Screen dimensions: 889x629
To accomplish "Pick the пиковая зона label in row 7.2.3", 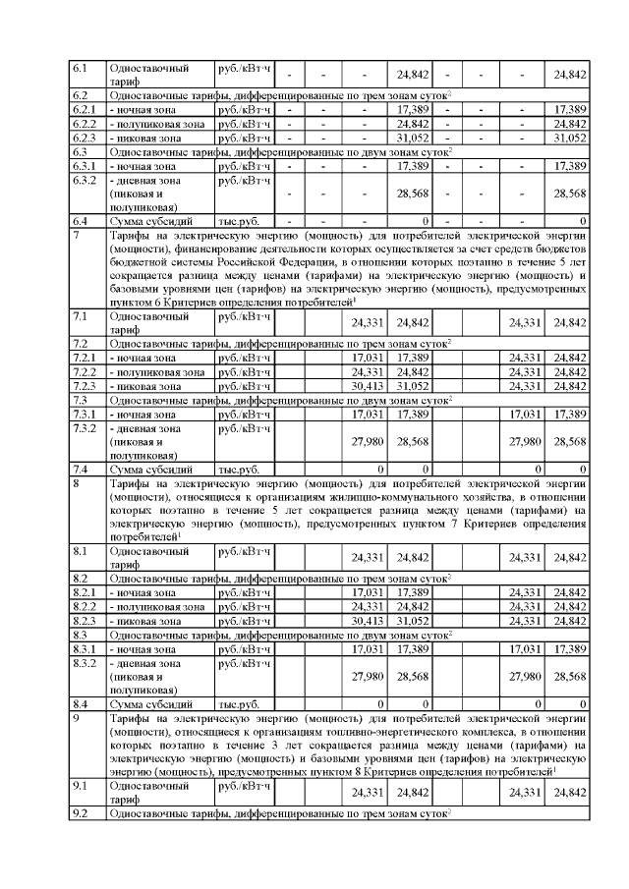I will click(146, 387).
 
